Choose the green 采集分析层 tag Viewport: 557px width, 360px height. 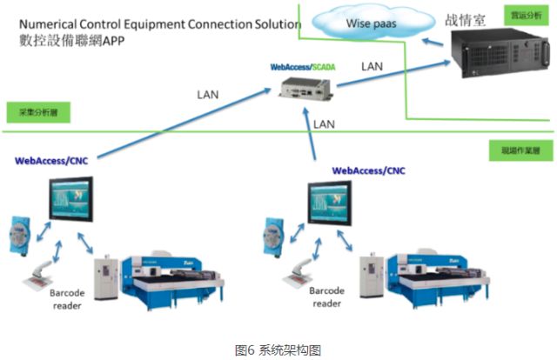(x=37, y=112)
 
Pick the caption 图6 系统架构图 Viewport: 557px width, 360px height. (x=278, y=350)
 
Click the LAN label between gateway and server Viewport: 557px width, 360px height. (x=372, y=66)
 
